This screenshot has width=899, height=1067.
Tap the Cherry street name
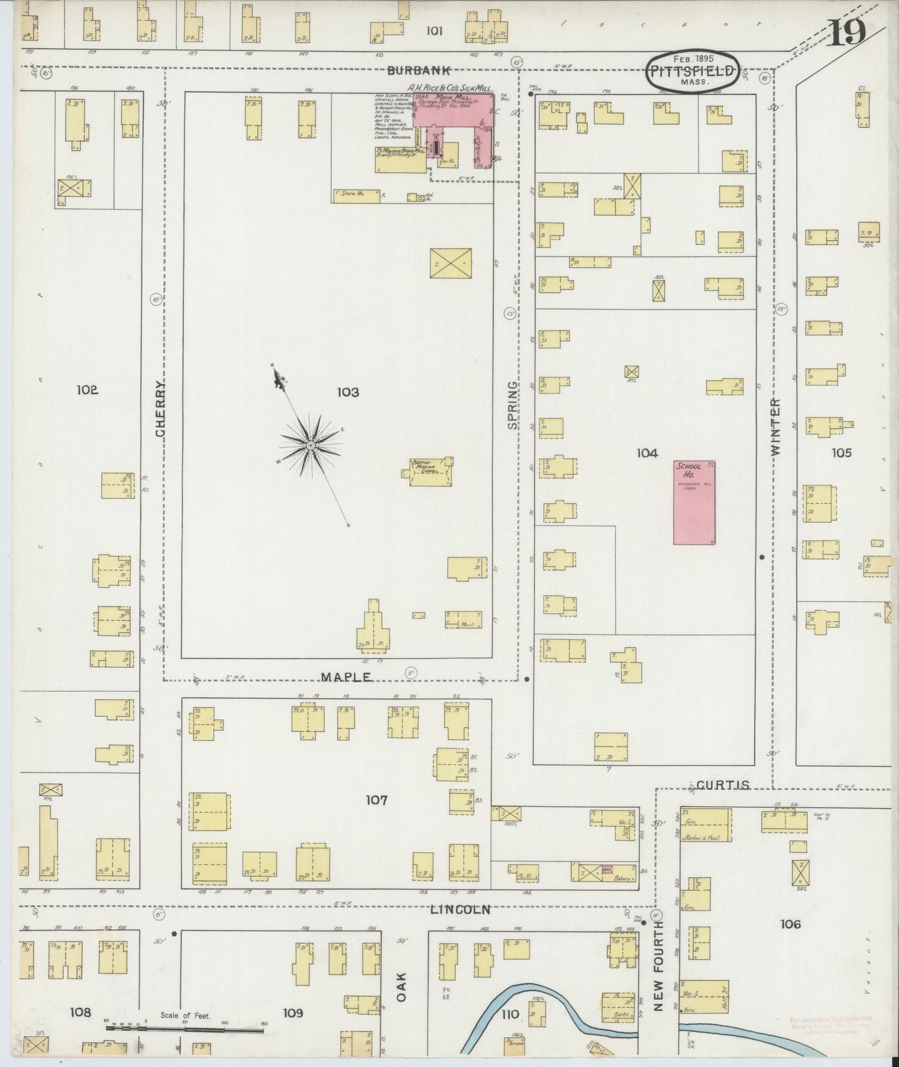[x=160, y=408]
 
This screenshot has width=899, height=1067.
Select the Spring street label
[x=512, y=405]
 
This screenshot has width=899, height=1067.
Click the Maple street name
[x=346, y=677]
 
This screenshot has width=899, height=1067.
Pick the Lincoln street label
[x=460, y=910]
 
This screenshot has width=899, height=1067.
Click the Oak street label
[x=401, y=987]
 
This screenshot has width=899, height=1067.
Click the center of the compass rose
[x=310, y=445]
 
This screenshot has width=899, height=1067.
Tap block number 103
[x=348, y=392]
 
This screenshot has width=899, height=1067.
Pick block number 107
[x=376, y=800]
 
